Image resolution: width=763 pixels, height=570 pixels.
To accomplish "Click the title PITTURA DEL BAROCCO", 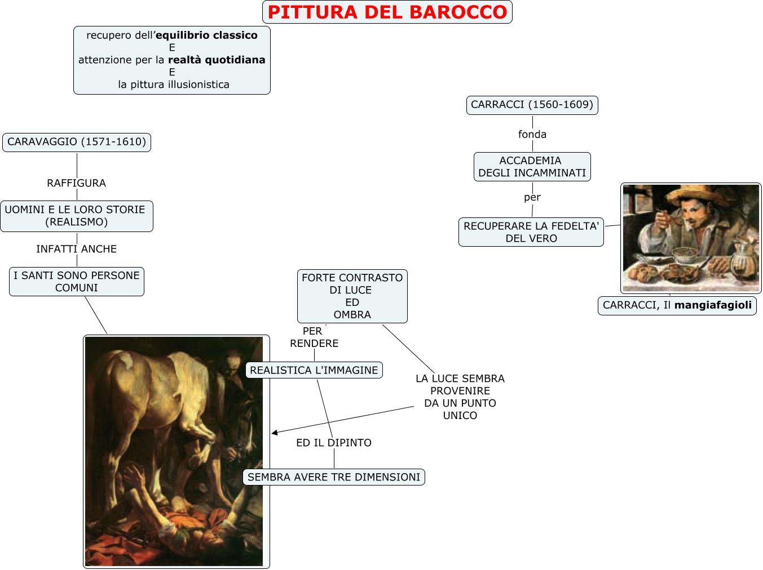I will pos(387,12).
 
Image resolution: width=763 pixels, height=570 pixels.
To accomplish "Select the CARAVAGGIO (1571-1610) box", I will pos(77,142).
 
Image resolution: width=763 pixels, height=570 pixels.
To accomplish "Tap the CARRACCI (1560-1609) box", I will pos(532,105).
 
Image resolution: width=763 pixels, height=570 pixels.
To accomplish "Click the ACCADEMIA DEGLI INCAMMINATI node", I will pos(532,167).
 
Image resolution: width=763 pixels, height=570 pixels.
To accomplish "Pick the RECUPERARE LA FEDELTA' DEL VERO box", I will pos(531,232).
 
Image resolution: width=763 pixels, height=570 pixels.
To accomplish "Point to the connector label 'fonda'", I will pos(532,134).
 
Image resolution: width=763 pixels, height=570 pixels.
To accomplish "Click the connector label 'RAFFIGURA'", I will pos(76,183).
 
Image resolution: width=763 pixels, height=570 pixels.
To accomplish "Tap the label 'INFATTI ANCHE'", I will pos(76,249).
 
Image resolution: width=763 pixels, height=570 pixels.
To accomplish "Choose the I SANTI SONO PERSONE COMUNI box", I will pos(76,282).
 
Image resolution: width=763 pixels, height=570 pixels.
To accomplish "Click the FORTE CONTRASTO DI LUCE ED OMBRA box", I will pos(352,296).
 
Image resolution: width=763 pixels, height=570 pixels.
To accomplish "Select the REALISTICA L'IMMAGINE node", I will pos(314,370).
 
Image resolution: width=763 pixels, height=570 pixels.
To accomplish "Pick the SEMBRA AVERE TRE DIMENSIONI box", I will pos(334,477).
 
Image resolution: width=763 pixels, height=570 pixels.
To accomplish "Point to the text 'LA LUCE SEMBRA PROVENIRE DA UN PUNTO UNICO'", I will pos(460,397).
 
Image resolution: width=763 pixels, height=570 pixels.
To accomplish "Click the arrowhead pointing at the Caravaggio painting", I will pos(275,433).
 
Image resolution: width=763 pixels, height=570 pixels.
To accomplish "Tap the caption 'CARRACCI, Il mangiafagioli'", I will pos(677,305).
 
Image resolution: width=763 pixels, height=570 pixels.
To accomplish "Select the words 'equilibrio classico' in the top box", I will pos(206,35).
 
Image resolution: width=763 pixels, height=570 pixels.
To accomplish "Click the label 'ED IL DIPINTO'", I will pos(334,443).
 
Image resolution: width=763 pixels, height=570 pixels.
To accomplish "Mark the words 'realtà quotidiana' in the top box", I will pos(217,60).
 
